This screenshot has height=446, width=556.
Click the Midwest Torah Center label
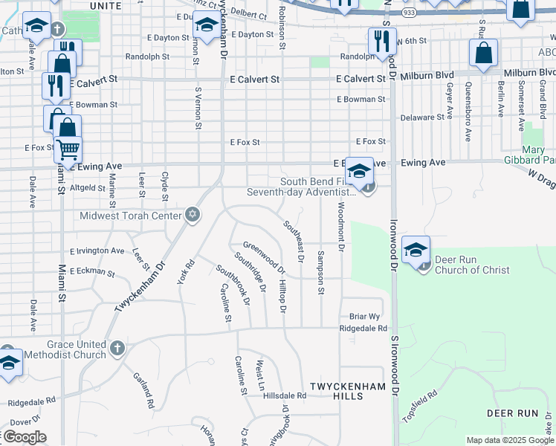tap(135, 216)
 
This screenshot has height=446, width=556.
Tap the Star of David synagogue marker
tap(193, 215)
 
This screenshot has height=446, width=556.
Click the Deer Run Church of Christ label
tap(473, 265)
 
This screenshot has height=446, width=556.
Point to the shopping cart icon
tap(68, 149)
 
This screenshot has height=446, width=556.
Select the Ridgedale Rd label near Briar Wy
tap(363, 328)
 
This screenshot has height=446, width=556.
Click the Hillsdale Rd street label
tap(285, 396)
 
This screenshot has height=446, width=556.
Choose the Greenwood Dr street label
tap(263, 256)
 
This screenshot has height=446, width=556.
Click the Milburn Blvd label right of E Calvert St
tap(431, 78)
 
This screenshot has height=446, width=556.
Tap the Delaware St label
tap(421, 117)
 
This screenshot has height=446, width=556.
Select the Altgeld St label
tap(88, 190)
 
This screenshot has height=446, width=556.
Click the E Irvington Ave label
tap(97, 251)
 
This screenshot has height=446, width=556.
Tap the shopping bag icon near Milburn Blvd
tap(483, 54)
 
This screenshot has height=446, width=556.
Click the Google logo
tap(24, 437)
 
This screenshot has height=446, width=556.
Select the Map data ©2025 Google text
tap(509, 440)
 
